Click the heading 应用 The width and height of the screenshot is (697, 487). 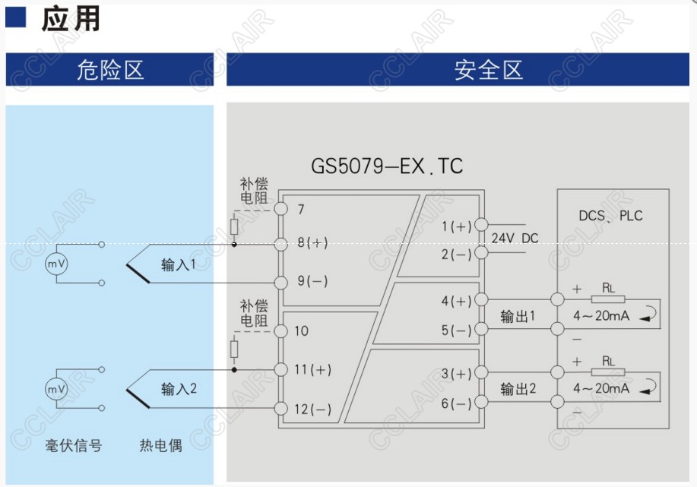(70, 20)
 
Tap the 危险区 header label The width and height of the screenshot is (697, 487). (110, 71)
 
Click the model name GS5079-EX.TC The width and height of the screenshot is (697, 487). (387, 166)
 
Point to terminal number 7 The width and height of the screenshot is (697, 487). (301, 209)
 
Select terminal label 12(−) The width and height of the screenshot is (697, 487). (312, 410)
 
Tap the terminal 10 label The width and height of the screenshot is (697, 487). (301, 331)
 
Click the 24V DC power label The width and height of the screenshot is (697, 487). (515, 239)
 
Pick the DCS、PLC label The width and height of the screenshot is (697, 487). (610, 216)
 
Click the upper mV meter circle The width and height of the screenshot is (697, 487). (56, 264)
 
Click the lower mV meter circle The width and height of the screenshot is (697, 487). (56, 389)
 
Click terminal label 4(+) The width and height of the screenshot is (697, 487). (457, 301)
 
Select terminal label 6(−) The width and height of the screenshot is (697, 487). (457, 403)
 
